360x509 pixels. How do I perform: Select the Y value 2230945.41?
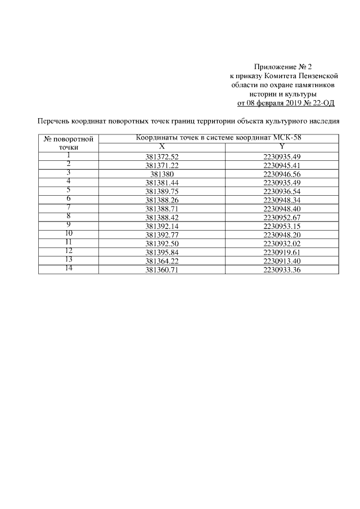pyautogui.click(x=282, y=166)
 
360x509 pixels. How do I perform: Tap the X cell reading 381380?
pyautogui.click(x=161, y=174)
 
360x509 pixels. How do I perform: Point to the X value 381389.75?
pyautogui.click(x=161, y=191)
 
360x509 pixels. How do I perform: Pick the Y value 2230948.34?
pyautogui.click(x=282, y=199)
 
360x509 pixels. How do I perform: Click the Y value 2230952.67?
pyautogui.click(x=282, y=216)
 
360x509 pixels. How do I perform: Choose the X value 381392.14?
pyautogui.click(x=161, y=224)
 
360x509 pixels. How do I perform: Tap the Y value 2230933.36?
pyautogui.click(x=282, y=271)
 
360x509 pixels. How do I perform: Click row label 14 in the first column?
pyautogui.click(x=68, y=268)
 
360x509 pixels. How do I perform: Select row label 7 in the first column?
pyautogui.click(x=68, y=207)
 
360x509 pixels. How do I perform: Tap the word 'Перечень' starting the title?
pyautogui.click(x=55, y=120)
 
